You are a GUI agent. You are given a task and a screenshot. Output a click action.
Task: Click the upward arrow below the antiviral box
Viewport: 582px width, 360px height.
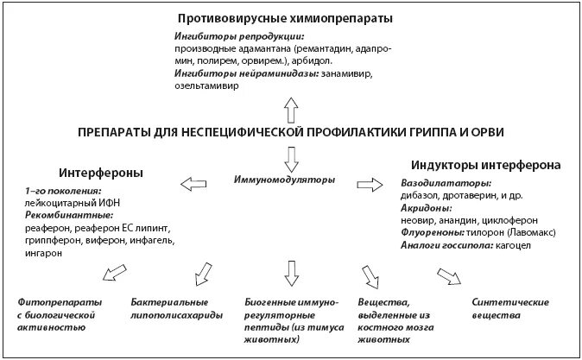290,109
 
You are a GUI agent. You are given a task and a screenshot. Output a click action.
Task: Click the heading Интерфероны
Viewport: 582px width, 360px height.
101,172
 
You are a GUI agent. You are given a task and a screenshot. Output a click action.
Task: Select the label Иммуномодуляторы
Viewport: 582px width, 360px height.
284,180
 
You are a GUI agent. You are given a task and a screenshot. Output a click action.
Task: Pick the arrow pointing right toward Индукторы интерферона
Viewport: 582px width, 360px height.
370,182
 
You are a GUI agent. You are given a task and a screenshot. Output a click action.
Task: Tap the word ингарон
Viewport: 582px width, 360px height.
42,252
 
